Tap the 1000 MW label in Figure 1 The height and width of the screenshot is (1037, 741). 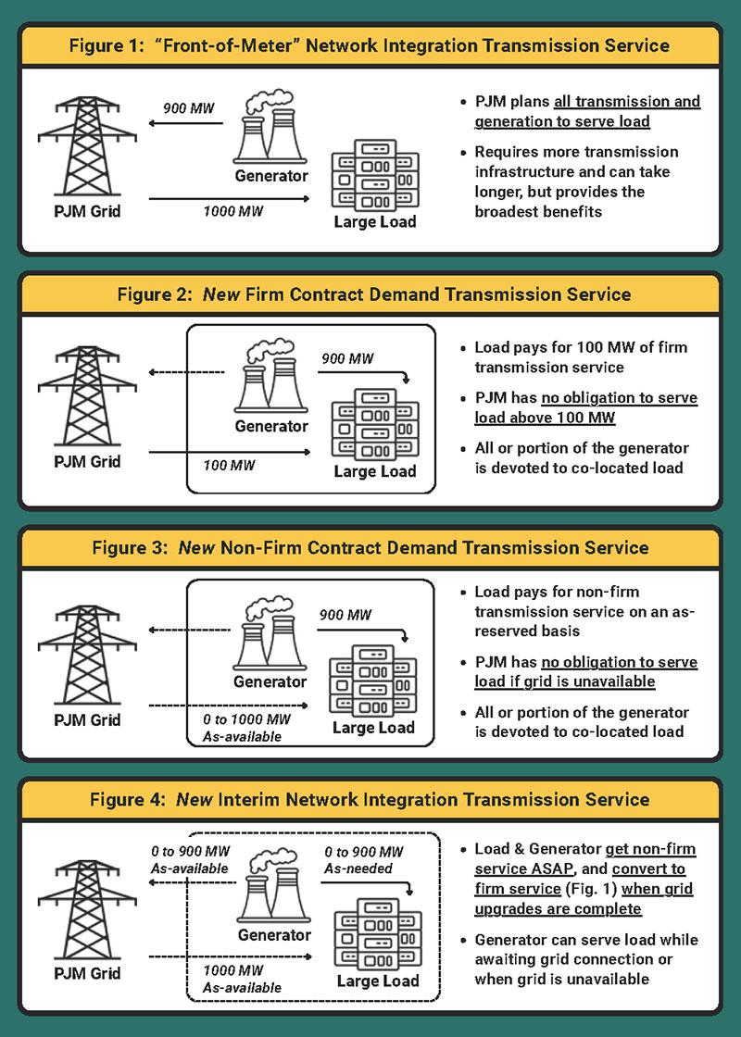coord(232,212)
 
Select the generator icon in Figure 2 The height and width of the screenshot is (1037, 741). coord(270,375)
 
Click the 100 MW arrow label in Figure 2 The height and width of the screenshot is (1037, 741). coord(229,466)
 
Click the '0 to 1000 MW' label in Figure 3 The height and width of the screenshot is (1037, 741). coord(246,718)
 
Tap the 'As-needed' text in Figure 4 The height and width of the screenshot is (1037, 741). coord(358,868)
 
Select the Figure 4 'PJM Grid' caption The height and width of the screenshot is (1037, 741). coord(87,973)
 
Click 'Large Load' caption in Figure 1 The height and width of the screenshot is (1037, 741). coord(375,221)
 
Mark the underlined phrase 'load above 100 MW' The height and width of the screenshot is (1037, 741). coord(545,418)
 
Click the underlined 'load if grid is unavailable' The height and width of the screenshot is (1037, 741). coord(565,681)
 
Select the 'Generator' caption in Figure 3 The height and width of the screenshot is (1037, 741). coord(270,681)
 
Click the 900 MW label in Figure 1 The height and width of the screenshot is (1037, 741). coord(189,107)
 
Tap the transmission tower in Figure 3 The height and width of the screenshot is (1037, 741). coord(87,655)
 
